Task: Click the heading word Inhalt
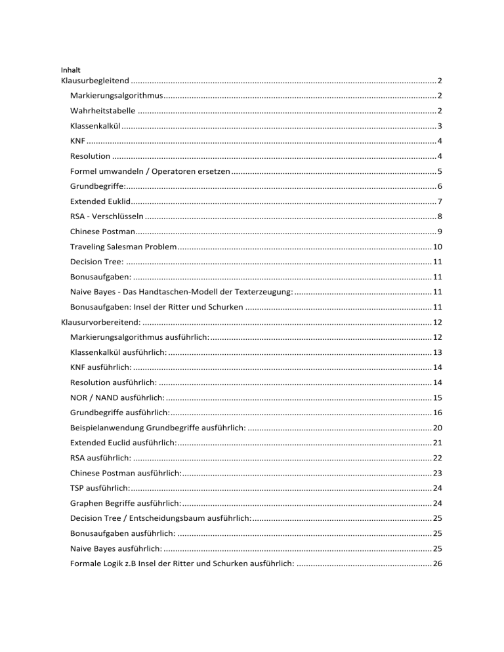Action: click(69, 69)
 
